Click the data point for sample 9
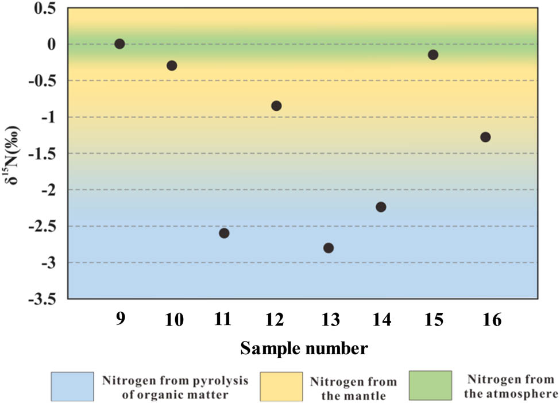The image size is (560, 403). (119, 44)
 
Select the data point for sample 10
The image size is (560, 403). (171, 65)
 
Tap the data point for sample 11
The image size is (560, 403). (224, 233)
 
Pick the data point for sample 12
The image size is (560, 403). (276, 106)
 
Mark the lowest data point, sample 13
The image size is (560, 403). (329, 248)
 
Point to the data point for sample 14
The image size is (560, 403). (381, 207)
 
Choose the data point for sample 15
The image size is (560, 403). (433, 55)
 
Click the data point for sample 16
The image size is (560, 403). (485, 137)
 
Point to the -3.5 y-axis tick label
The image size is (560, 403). (46, 299)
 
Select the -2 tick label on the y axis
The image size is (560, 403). (52, 190)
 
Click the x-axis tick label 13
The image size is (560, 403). (328, 320)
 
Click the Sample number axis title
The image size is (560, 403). (304, 348)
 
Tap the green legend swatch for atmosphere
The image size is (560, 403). (430, 386)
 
